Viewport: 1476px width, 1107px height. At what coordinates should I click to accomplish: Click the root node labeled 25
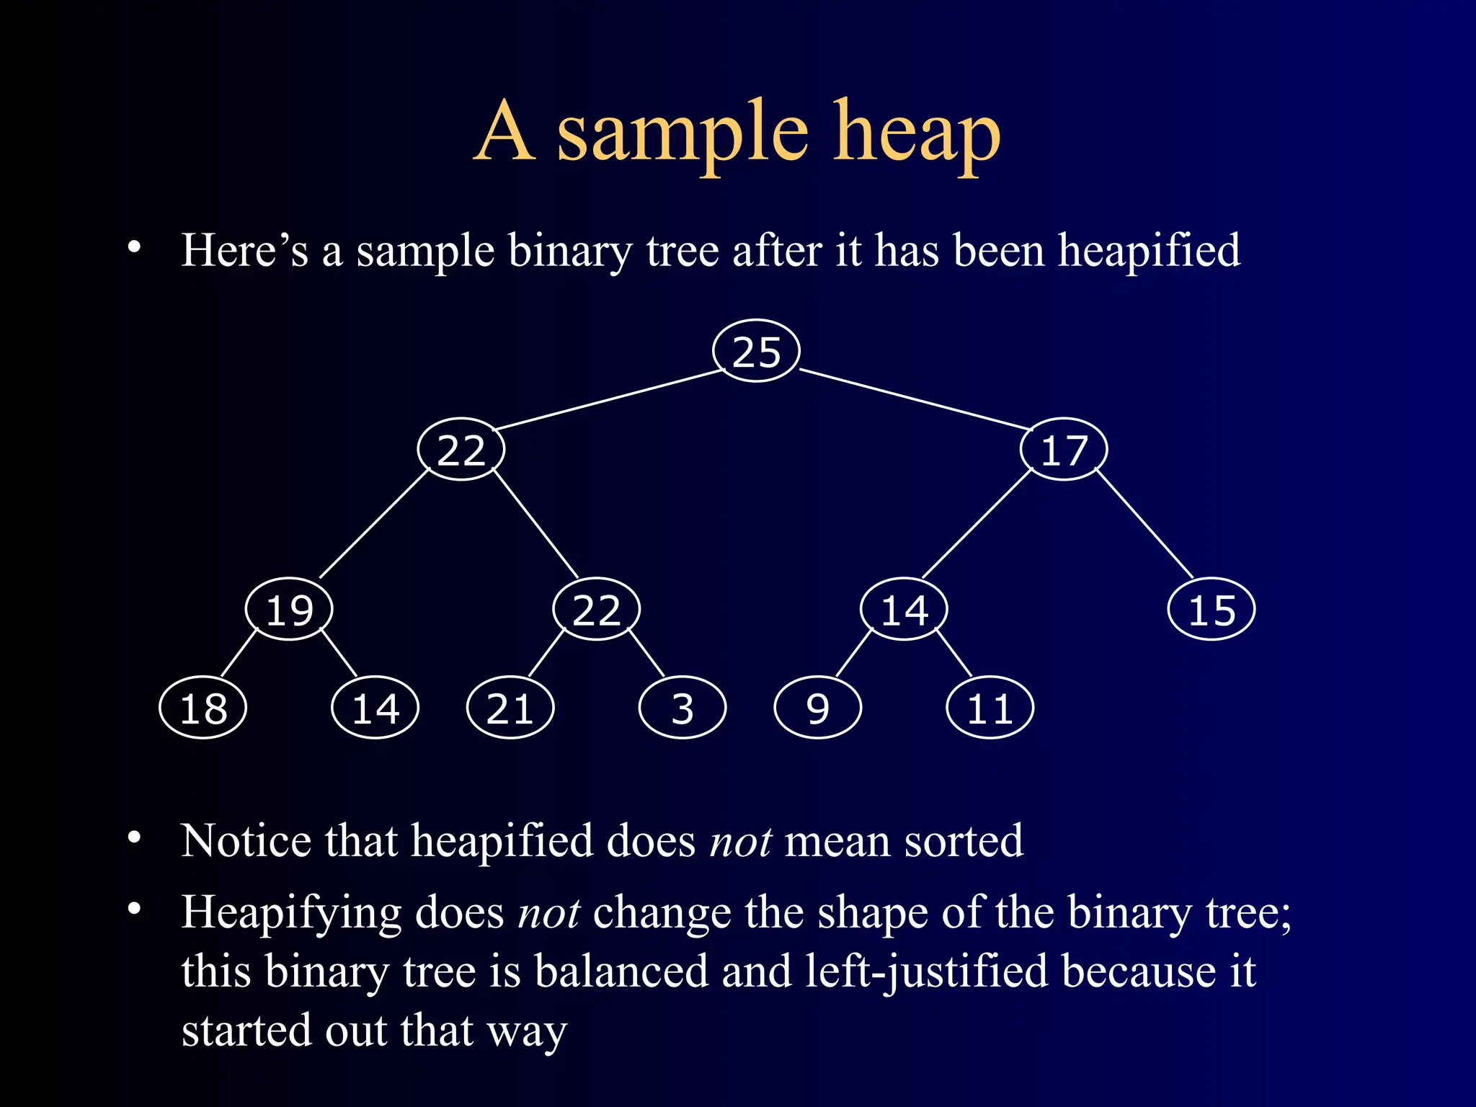click(x=756, y=351)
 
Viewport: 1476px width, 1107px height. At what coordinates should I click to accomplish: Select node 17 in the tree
click(x=1064, y=450)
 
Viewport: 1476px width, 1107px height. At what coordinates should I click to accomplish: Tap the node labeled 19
click(x=289, y=610)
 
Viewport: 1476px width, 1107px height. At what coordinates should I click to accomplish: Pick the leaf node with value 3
click(x=683, y=708)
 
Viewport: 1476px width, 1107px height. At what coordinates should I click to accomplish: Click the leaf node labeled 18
click(x=203, y=708)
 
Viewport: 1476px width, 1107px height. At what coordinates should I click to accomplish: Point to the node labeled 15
click(x=1212, y=610)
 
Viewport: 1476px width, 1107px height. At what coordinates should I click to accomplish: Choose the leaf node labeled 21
click(x=510, y=708)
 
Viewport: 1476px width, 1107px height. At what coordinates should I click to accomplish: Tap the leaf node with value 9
click(x=818, y=708)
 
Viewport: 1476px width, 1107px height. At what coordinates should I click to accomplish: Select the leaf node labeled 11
click(x=990, y=708)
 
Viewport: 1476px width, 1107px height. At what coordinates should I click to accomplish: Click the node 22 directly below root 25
click(x=461, y=450)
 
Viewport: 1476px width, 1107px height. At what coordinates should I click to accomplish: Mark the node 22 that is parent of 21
click(x=597, y=610)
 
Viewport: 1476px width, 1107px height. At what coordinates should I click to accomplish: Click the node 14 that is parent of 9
click(x=904, y=610)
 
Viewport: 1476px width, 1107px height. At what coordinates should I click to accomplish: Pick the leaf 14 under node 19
click(x=375, y=708)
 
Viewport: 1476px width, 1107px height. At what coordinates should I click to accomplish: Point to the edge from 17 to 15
click(x=1144, y=523)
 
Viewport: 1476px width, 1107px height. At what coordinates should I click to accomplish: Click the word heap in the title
click(x=917, y=133)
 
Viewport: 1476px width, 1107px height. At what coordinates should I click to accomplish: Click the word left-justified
click(x=927, y=971)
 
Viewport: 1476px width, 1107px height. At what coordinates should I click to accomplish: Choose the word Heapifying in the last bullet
click(x=291, y=913)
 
